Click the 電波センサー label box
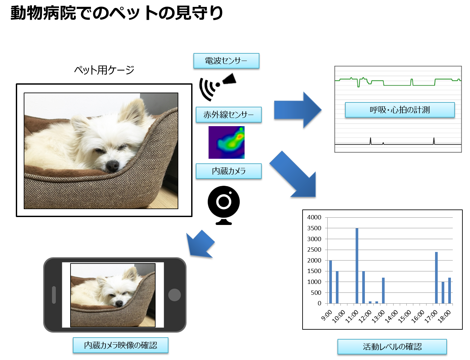click(226, 61)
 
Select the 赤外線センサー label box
click(229, 115)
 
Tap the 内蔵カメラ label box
click(229, 171)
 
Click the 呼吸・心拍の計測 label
click(400, 110)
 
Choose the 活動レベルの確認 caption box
click(392, 346)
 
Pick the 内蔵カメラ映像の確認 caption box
click(121, 345)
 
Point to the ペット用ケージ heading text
click(104, 70)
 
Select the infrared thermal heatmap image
click(226, 142)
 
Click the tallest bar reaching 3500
click(357, 265)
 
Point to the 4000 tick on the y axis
click(314, 217)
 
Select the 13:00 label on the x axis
click(378, 316)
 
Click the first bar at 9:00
click(331, 282)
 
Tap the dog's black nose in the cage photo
click(112, 166)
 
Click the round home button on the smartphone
click(175, 295)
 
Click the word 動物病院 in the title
click(43, 13)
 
